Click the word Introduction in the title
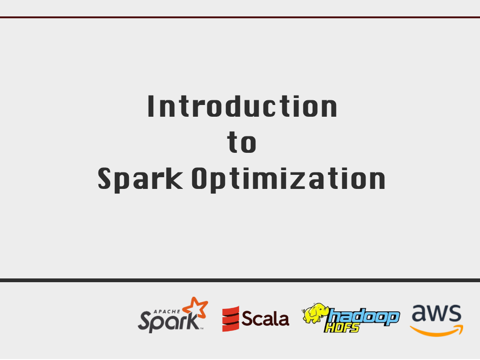click(242, 106)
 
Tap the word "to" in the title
click(242, 143)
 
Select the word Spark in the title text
click(140, 179)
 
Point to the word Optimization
click(289, 179)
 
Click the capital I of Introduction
click(151, 106)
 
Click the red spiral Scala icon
click(231, 319)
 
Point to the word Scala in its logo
click(265, 319)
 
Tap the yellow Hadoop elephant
click(315, 313)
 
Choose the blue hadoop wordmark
click(364, 316)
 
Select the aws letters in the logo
click(436, 314)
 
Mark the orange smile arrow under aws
click(436, 331)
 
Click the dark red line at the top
click(240, 17)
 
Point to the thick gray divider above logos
click(240, 280)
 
